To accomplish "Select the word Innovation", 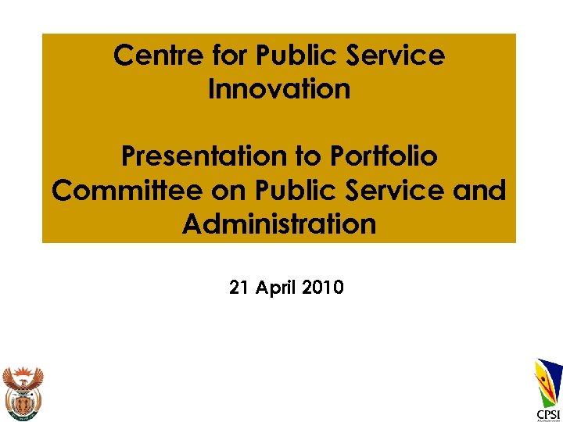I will pyautogui.click(x=279, y=89).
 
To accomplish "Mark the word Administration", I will pyautogui.click(x=279, y=224).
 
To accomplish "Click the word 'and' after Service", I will pyautogui.click(x=479, y=191).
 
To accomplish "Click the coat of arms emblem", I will pyautogui.click(x=23, y=391).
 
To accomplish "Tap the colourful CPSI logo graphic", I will pyautogui.click(x=548, y=381).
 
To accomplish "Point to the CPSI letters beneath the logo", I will pyautogui.click(x=547, y=413).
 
